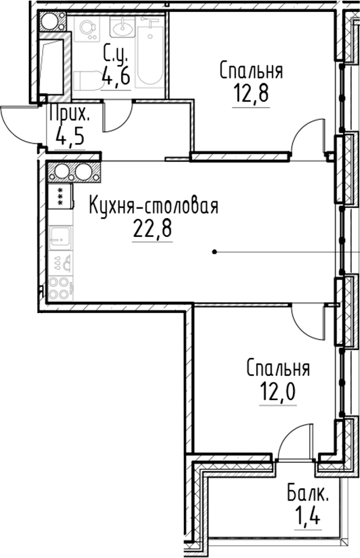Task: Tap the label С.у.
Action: point(116,53)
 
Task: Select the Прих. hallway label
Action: point(69,115)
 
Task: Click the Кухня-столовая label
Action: point(155,205)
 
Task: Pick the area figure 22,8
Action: point(153,229)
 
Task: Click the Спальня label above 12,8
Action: point(250,70)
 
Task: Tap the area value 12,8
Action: point(250,92)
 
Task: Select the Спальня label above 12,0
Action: point(277,368)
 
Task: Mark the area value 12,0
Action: point(277,390)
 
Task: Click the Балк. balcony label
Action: point(308,495)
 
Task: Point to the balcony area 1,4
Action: point(308,517)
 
